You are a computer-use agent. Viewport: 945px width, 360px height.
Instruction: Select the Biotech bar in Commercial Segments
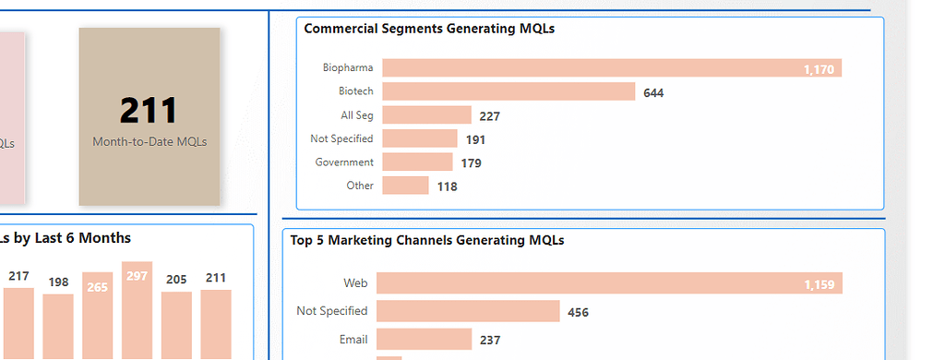[508, 91]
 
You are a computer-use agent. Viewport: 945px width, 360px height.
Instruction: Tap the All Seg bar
[426, 115]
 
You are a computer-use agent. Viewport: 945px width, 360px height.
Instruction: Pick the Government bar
[417, 162]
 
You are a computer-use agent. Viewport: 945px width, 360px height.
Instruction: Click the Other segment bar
[405, 186]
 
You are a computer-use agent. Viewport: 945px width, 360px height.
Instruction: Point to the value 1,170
[819, 69]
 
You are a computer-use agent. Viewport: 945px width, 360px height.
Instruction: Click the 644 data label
[653, 92]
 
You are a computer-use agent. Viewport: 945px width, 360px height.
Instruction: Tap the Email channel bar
[424, 340]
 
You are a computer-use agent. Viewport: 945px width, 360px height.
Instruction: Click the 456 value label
[578, 312]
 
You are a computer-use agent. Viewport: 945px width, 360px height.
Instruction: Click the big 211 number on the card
[149, 110]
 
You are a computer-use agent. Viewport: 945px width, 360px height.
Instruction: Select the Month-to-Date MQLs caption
[150, 142]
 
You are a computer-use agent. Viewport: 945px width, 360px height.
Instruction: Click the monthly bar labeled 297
[137, 314]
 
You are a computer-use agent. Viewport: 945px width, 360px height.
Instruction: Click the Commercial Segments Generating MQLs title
[429, 29]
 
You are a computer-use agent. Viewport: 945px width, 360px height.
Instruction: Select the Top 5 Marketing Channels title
[426, 240]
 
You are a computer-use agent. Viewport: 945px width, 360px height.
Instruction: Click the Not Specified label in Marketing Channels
[332, 311]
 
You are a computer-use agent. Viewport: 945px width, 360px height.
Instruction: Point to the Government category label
[344, 162]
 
